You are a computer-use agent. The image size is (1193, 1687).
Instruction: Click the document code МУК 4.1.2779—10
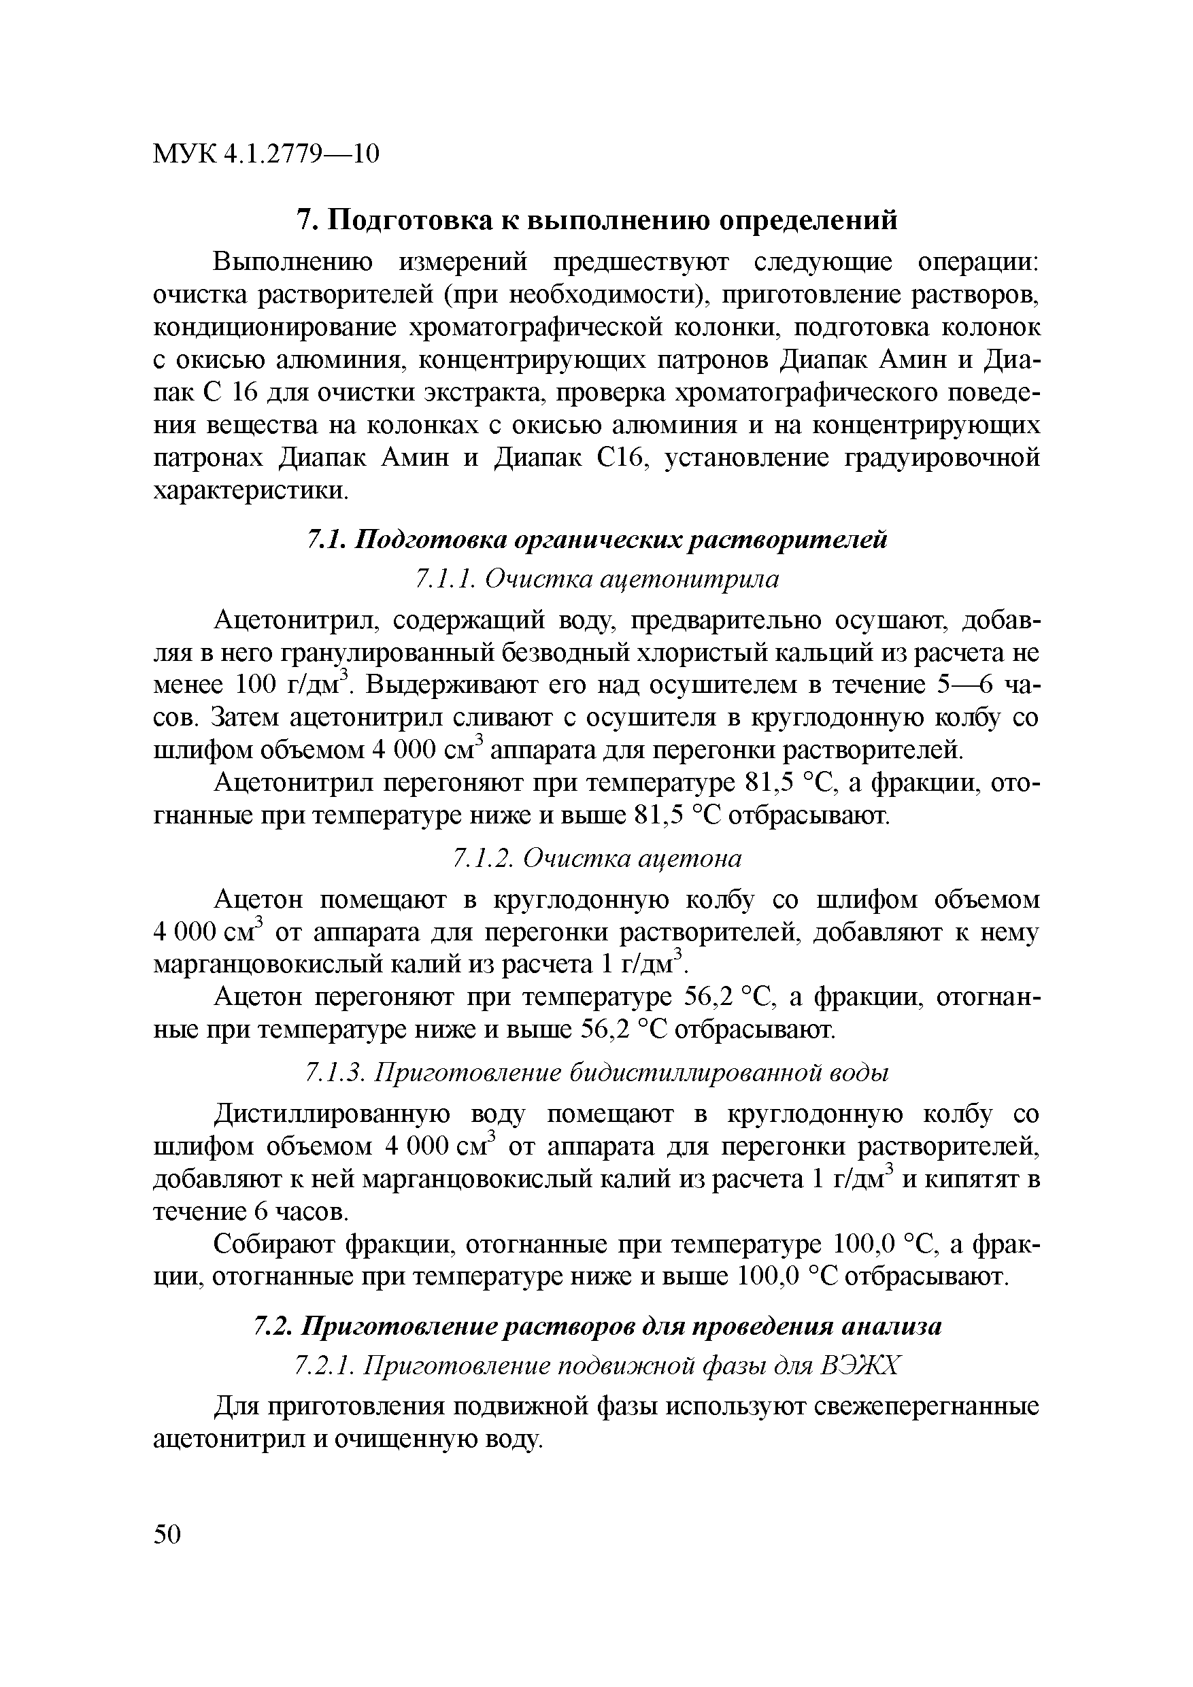click(266, 154)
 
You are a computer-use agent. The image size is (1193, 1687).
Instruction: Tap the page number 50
click(167, 1534)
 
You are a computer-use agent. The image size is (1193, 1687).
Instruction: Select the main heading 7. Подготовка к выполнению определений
click(596, 220)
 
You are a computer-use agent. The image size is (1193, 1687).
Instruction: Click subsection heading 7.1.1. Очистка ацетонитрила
click(596, 580)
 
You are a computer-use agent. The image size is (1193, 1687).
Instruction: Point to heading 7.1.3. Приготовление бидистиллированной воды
click(596, 1073)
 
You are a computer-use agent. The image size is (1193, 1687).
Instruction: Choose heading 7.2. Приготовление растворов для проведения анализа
click(596, 1327)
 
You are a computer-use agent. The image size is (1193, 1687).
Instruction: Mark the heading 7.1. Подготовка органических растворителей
click(596, 540)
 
